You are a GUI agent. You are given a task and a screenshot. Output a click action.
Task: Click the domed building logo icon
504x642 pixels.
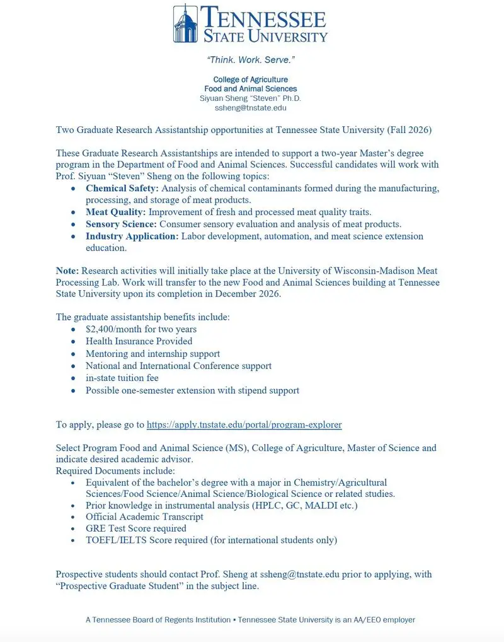tap(185, 23)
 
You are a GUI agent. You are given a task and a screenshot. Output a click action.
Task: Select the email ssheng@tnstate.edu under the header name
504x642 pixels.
tap(251, 108)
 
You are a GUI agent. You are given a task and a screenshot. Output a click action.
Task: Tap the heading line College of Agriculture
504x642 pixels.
tap(251, 79)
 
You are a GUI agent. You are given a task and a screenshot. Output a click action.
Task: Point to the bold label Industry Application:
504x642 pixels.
tap(132, 236)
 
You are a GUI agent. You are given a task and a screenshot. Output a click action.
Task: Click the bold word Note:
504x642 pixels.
tap(67, 271)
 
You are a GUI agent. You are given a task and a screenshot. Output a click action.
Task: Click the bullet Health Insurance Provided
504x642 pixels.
tap(139, 341)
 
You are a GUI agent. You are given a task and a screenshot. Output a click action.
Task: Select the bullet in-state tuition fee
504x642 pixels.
tap(122, 378)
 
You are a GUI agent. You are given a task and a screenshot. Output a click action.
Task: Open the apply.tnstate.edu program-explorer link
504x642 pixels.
tap(244, 424)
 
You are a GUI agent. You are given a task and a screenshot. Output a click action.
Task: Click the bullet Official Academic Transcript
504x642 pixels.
tap(144, 517)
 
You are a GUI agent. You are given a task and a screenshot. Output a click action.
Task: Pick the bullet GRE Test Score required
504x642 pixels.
tap(136, 528)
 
